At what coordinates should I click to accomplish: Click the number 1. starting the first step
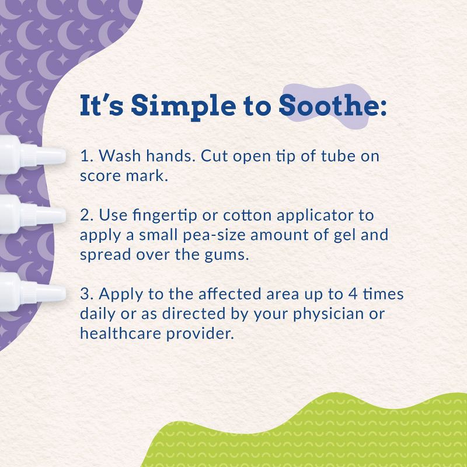click(86, 156)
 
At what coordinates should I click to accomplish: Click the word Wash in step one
click(117, 156)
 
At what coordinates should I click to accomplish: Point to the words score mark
click(124, 176)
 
